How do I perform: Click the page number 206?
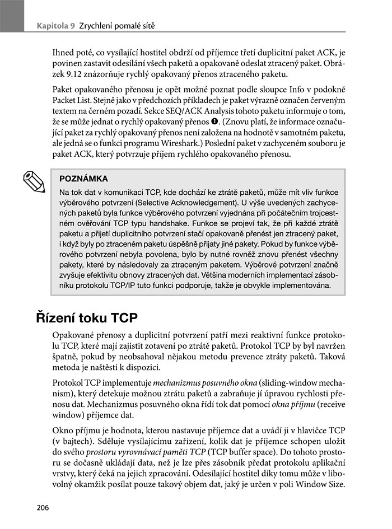[x=43, y=508]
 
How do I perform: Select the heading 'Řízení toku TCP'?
[x=87, y=317]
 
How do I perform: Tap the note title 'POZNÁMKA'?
[x=83, y=179]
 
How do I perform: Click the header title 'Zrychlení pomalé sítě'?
[x=119, y=25]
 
